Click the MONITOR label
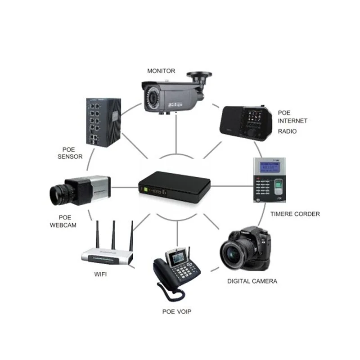tap(161, 71)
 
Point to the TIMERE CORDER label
tap(295, 214)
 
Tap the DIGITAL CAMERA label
tap(252, 281)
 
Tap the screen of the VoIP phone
tap(176, 258)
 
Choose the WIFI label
tap(101, 274)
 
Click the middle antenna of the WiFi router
tap(114, 234)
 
